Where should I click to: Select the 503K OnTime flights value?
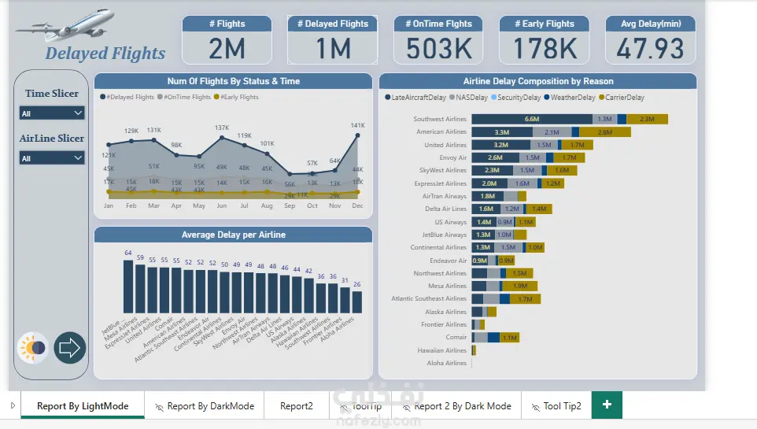tap(439, 49)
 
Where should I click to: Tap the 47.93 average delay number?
tap(650, 49)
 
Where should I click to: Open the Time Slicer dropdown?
tap(52, 113)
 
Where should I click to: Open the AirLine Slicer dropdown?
tap(52, 158)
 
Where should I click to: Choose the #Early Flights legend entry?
tap(236, 97)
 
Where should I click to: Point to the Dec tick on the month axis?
tap(357, 205)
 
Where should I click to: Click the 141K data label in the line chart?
tap(357, 125)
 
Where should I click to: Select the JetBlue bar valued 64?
tap(128, 287)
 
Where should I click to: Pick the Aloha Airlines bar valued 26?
tap(357, 302)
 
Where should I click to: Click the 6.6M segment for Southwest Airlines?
tap(532, 119)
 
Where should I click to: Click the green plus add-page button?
tap(607, 405)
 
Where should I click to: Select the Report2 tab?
tap(296, 406)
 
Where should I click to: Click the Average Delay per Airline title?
tap(233, 235)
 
